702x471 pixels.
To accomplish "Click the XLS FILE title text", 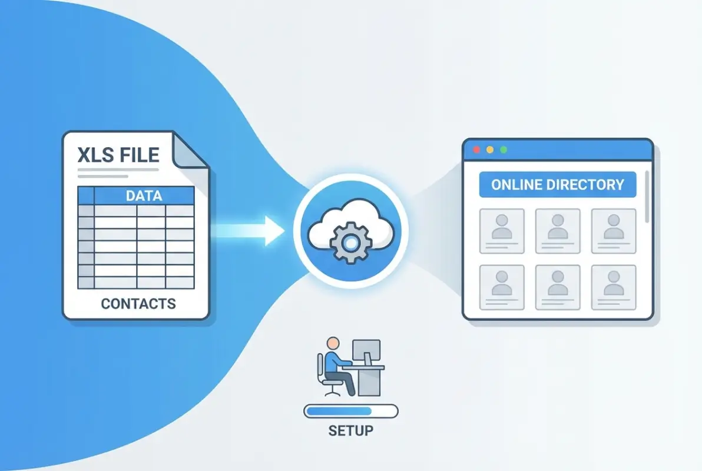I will click(x=118, y=155).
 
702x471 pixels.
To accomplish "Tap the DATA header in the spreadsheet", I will click(x=144, y=196).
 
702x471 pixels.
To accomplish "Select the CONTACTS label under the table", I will click(x=138, y=304).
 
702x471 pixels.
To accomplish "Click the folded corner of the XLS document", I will click(x=189, y=151).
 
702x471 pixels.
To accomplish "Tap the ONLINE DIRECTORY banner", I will click(x=557, y=184).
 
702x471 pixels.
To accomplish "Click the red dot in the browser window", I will click(x=476, y=150).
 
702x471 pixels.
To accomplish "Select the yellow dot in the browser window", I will click(x=489, y=150).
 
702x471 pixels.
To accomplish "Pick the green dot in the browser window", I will click(x=503, y=150).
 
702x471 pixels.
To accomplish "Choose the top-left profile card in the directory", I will click(x=502, y=231).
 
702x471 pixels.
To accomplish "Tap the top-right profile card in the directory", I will click(x=613, y=231).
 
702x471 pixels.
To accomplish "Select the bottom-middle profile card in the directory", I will click(x=557, y=287).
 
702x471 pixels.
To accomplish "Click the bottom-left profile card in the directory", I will click(x=502, y=287).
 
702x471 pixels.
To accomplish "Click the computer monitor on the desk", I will click(x=366, y=351).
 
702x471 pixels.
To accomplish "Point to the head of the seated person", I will click(x=333, y=343).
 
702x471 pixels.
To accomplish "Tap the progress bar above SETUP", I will click(x=350, y=411).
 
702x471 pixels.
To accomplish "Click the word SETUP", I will click(x=350, y=430).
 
